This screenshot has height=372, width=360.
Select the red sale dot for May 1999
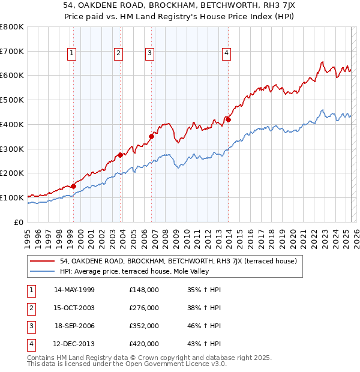pos(73,186)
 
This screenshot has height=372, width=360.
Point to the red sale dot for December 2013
pos(229,119)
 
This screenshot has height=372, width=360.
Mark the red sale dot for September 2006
pos(151,136)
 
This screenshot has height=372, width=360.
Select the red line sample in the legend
pos(43,261)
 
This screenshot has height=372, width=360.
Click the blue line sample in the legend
pos(43,271)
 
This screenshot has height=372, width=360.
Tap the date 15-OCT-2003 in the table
pos(74,308)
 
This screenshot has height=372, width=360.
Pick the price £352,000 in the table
pos(143,326)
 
